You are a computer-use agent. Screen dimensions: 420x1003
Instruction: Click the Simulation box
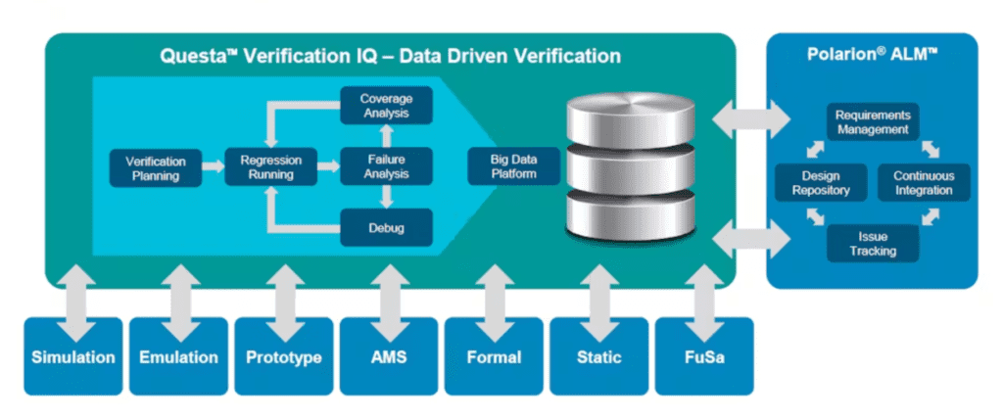click(73, 356)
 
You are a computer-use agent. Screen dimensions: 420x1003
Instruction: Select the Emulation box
click(178, 356)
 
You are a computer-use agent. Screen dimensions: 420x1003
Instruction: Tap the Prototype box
click(283, 356)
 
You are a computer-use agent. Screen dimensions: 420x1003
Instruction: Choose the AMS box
click(389, 356)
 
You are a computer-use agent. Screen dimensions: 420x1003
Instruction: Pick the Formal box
click(495, 356)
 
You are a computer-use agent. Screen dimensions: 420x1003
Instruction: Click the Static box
click(599, 356)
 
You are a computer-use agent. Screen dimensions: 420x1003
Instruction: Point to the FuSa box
click(704, 356)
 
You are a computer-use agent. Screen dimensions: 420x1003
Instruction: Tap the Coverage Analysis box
click(386, 106)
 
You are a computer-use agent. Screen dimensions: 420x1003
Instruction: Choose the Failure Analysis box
click(386, 166)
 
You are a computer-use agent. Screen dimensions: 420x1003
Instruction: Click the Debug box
click(386, 228)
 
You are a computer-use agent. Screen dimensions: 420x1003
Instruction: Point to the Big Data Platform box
click(514, 166)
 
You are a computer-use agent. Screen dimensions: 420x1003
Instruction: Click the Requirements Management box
click(872, 121)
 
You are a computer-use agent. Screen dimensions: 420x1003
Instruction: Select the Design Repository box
click(821, 183)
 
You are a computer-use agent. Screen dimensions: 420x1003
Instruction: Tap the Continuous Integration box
click(923, 183)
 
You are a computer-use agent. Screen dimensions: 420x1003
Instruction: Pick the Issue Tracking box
click(872, 244)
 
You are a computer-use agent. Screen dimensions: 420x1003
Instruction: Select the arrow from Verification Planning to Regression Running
click(213, 168)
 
